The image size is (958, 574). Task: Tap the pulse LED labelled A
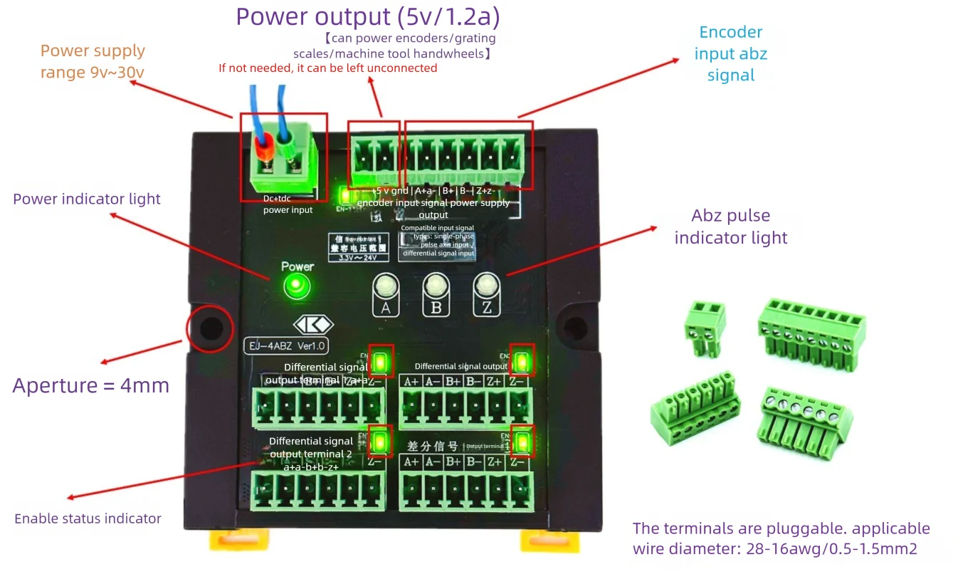[385, 286]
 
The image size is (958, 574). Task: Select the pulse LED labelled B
[435, 286]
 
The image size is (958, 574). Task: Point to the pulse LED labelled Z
[485, 286]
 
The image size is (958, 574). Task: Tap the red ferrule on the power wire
[265, 150]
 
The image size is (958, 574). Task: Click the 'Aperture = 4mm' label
[91, 385]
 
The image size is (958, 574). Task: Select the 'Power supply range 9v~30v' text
[93, 61]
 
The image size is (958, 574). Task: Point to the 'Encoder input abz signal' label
[731, 53]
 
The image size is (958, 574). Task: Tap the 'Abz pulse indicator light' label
[731, 226]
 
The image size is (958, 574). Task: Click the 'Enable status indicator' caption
[88, 518]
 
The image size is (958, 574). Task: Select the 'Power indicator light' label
[87, 199]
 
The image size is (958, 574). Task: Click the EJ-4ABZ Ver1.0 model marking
[285, 346]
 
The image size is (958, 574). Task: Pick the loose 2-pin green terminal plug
[705, 328]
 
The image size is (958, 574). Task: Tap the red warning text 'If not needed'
[327, 68]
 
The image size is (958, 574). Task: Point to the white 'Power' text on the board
[298, 266]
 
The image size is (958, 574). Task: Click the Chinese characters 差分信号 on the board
[432, 447]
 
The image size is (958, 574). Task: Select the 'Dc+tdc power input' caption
[288, 204]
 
